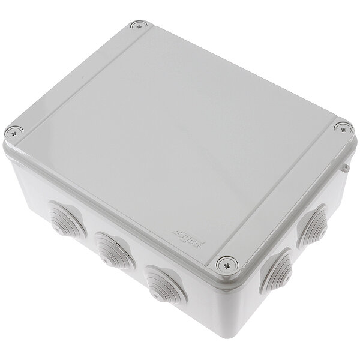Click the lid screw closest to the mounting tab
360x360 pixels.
[x=341, y=127]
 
